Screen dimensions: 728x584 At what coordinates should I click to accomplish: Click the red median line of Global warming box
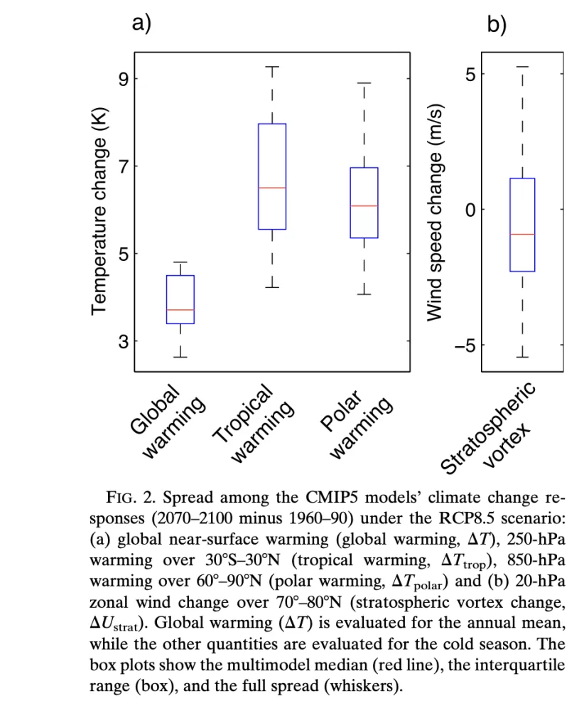[x=180, y=310]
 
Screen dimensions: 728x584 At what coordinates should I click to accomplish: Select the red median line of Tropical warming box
[x=272, y=188]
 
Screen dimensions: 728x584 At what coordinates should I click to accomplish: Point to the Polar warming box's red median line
[x=364, y=205]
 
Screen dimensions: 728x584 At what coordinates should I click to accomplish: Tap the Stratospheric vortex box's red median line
[x=522, y=234]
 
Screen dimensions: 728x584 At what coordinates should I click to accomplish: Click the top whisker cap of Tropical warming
[x=272, y=67]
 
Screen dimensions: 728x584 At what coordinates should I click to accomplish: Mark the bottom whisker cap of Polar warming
[x=364, y=294]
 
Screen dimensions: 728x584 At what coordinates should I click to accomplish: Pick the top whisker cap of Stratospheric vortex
[x=522, y=67]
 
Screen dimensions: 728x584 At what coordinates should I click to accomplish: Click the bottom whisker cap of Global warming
[x=180, y=357]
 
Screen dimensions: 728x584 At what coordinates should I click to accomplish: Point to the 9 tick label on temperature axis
[x=123, y=79]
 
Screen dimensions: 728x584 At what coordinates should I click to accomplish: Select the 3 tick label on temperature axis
[x=123, y=342]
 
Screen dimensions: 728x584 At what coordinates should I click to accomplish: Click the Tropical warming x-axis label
[x=254, y=424]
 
